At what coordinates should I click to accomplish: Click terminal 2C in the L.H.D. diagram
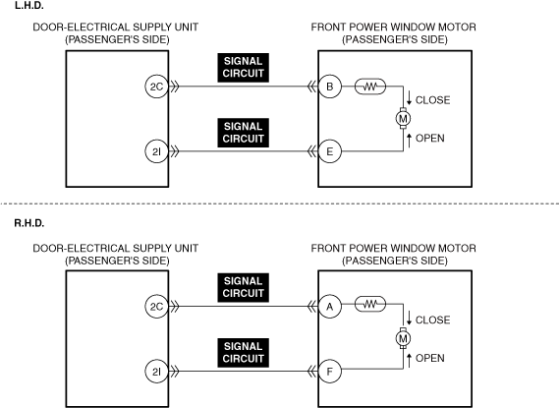[x=156, y=87]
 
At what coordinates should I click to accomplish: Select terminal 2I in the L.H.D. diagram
[x=156, y=151]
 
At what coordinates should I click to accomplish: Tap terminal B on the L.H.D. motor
[x=330, y=87]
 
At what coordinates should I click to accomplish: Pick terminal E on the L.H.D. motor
[x=330, y=151]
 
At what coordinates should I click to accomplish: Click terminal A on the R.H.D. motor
[x=330, y=307]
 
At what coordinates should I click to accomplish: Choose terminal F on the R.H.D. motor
[x=330, y=372]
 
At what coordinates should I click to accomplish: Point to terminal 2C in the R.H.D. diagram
[x=156, y=307]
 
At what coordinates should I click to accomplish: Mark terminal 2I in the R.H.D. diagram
[x=156, y=372]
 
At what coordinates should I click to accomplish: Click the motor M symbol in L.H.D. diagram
[x=403, y=118]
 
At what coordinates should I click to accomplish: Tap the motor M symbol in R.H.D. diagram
[x=403, y=338]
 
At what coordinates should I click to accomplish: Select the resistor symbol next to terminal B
[x=370, y=87]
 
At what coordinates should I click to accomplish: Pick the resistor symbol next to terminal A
[x=370, y=304]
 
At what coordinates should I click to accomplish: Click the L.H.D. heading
[x=29, y=5]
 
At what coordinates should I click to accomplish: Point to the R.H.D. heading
[x=29, y=223]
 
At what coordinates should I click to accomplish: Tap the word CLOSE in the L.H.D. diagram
[x=433, y=100]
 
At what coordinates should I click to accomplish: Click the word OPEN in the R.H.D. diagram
[x=430, y=358]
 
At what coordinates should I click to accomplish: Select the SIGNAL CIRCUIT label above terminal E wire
[x=243, y=133]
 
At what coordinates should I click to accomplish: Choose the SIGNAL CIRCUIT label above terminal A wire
[x=243, y=287]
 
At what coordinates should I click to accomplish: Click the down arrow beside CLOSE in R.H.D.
[x=410, y=318]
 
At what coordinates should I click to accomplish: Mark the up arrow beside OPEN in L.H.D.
[x=410, y=141]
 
